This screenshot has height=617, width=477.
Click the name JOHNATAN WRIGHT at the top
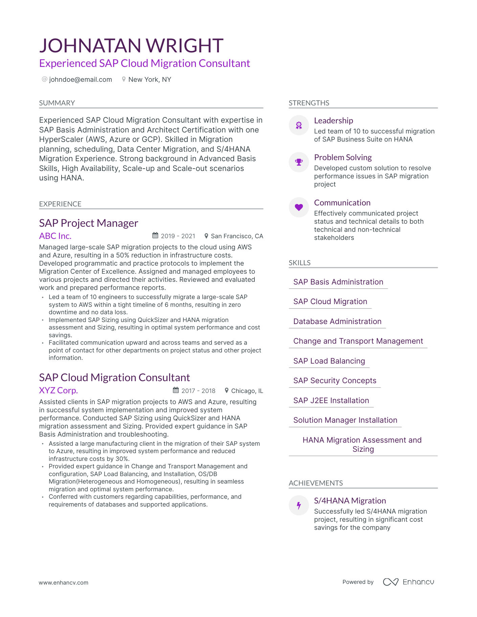coord(131,46)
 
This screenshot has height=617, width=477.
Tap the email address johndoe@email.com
coord(81,79)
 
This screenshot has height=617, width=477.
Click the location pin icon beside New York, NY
coord(124,79)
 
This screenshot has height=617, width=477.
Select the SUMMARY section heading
coord(57,103)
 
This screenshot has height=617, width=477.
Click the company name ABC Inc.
coord(55,236)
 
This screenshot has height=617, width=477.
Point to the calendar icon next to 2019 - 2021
coord(155,236)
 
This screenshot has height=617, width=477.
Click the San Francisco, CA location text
coord(237,236)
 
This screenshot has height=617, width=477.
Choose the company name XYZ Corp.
coord(59,391)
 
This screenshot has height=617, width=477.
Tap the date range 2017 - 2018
coord(198,391)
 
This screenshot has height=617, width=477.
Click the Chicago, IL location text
coord(247,391)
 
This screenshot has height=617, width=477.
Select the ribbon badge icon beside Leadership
coord(299,125)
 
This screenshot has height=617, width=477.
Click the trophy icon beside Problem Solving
coord(299,162)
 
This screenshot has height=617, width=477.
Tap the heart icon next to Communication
coord(299,207)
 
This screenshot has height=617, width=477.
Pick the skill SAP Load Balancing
coord(329,361)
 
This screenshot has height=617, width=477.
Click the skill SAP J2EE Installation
coord(331,400)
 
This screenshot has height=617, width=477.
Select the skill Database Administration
coord(337,321)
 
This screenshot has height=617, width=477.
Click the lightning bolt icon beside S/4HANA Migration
coord(299,505)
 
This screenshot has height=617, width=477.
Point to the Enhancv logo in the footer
coord(408,582)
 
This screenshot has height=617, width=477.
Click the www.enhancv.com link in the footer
coord(64,583)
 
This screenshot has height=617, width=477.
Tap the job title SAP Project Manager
coord(89,223)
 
